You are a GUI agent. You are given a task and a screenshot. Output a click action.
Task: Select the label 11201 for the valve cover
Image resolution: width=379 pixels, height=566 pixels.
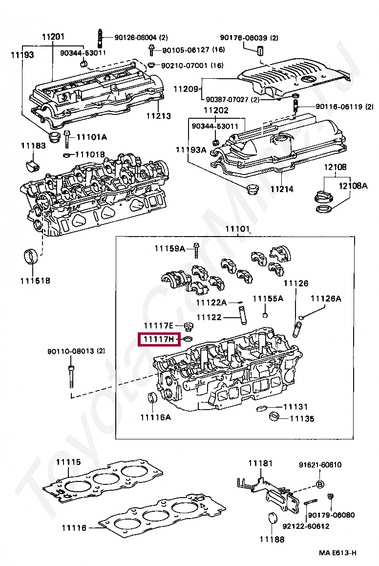(53, 37)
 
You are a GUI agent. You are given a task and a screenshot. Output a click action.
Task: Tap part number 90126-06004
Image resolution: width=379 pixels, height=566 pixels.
(136, 37)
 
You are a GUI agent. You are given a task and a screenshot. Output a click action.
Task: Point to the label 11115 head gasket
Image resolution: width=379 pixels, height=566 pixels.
(68, 462)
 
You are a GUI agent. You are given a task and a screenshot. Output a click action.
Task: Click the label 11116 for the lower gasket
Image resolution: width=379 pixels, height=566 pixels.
(74, 528)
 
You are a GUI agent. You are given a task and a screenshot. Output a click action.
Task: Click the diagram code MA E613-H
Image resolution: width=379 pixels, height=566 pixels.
(337, 553)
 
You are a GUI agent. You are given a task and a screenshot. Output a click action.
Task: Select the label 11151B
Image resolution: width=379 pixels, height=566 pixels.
(35, 281)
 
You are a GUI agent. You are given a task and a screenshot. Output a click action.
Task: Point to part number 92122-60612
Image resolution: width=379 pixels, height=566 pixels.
(306, 526)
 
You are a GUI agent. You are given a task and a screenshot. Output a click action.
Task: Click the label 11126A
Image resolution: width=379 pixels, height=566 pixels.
(326, 298)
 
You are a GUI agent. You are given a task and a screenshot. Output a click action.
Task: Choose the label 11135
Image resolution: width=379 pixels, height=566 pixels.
(302, 418)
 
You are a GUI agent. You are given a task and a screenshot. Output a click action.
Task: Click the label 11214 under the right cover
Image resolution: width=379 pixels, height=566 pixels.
(282, 189)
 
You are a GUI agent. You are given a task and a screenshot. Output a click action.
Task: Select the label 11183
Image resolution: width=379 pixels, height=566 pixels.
(33, 145)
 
